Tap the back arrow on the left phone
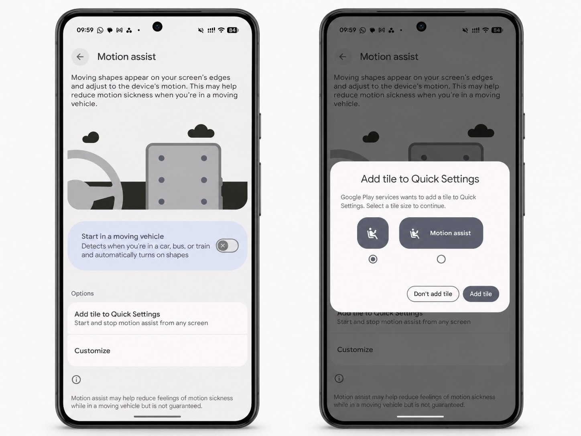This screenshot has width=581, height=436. coord(80,57)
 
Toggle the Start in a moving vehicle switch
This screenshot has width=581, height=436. coord(227,246)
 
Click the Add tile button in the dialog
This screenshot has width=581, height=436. coord(481,294)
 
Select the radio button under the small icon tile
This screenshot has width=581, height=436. coord(373,259)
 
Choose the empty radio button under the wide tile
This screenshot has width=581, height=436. coord(441,259)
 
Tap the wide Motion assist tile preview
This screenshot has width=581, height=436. coord(441,233)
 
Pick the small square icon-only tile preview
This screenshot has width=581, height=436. coord(373,233)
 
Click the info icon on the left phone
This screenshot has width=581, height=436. coord(76,380)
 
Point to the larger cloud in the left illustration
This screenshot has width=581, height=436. coord(201,131)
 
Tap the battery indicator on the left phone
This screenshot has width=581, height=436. coord(233,30)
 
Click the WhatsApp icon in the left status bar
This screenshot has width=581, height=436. coord(100,30)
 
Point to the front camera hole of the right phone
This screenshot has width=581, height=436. coord(421,27)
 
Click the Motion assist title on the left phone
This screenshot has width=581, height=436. coord(126,57)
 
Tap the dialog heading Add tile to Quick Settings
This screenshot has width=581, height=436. coord(420,179)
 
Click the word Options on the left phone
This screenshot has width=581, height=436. coord(82,293)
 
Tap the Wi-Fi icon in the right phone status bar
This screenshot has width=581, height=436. coord(486,30)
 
